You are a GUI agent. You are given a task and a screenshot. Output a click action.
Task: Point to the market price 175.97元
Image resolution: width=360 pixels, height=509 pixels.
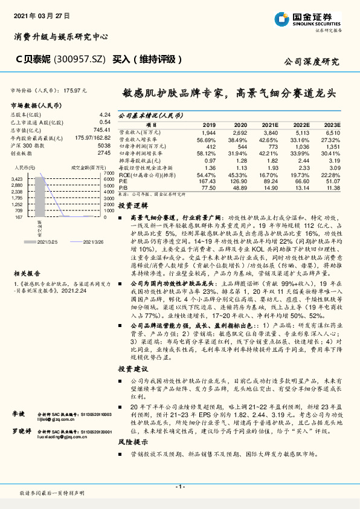point(76,89)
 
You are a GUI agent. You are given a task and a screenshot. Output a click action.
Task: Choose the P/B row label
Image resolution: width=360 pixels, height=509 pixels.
point(124,188)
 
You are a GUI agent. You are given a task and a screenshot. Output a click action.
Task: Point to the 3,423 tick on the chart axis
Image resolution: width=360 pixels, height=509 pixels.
point(17,180)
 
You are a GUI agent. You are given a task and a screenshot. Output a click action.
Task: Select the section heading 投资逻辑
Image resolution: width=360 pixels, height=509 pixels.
point(131,206)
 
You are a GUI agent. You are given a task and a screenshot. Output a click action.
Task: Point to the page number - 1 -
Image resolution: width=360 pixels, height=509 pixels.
point(180,486)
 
